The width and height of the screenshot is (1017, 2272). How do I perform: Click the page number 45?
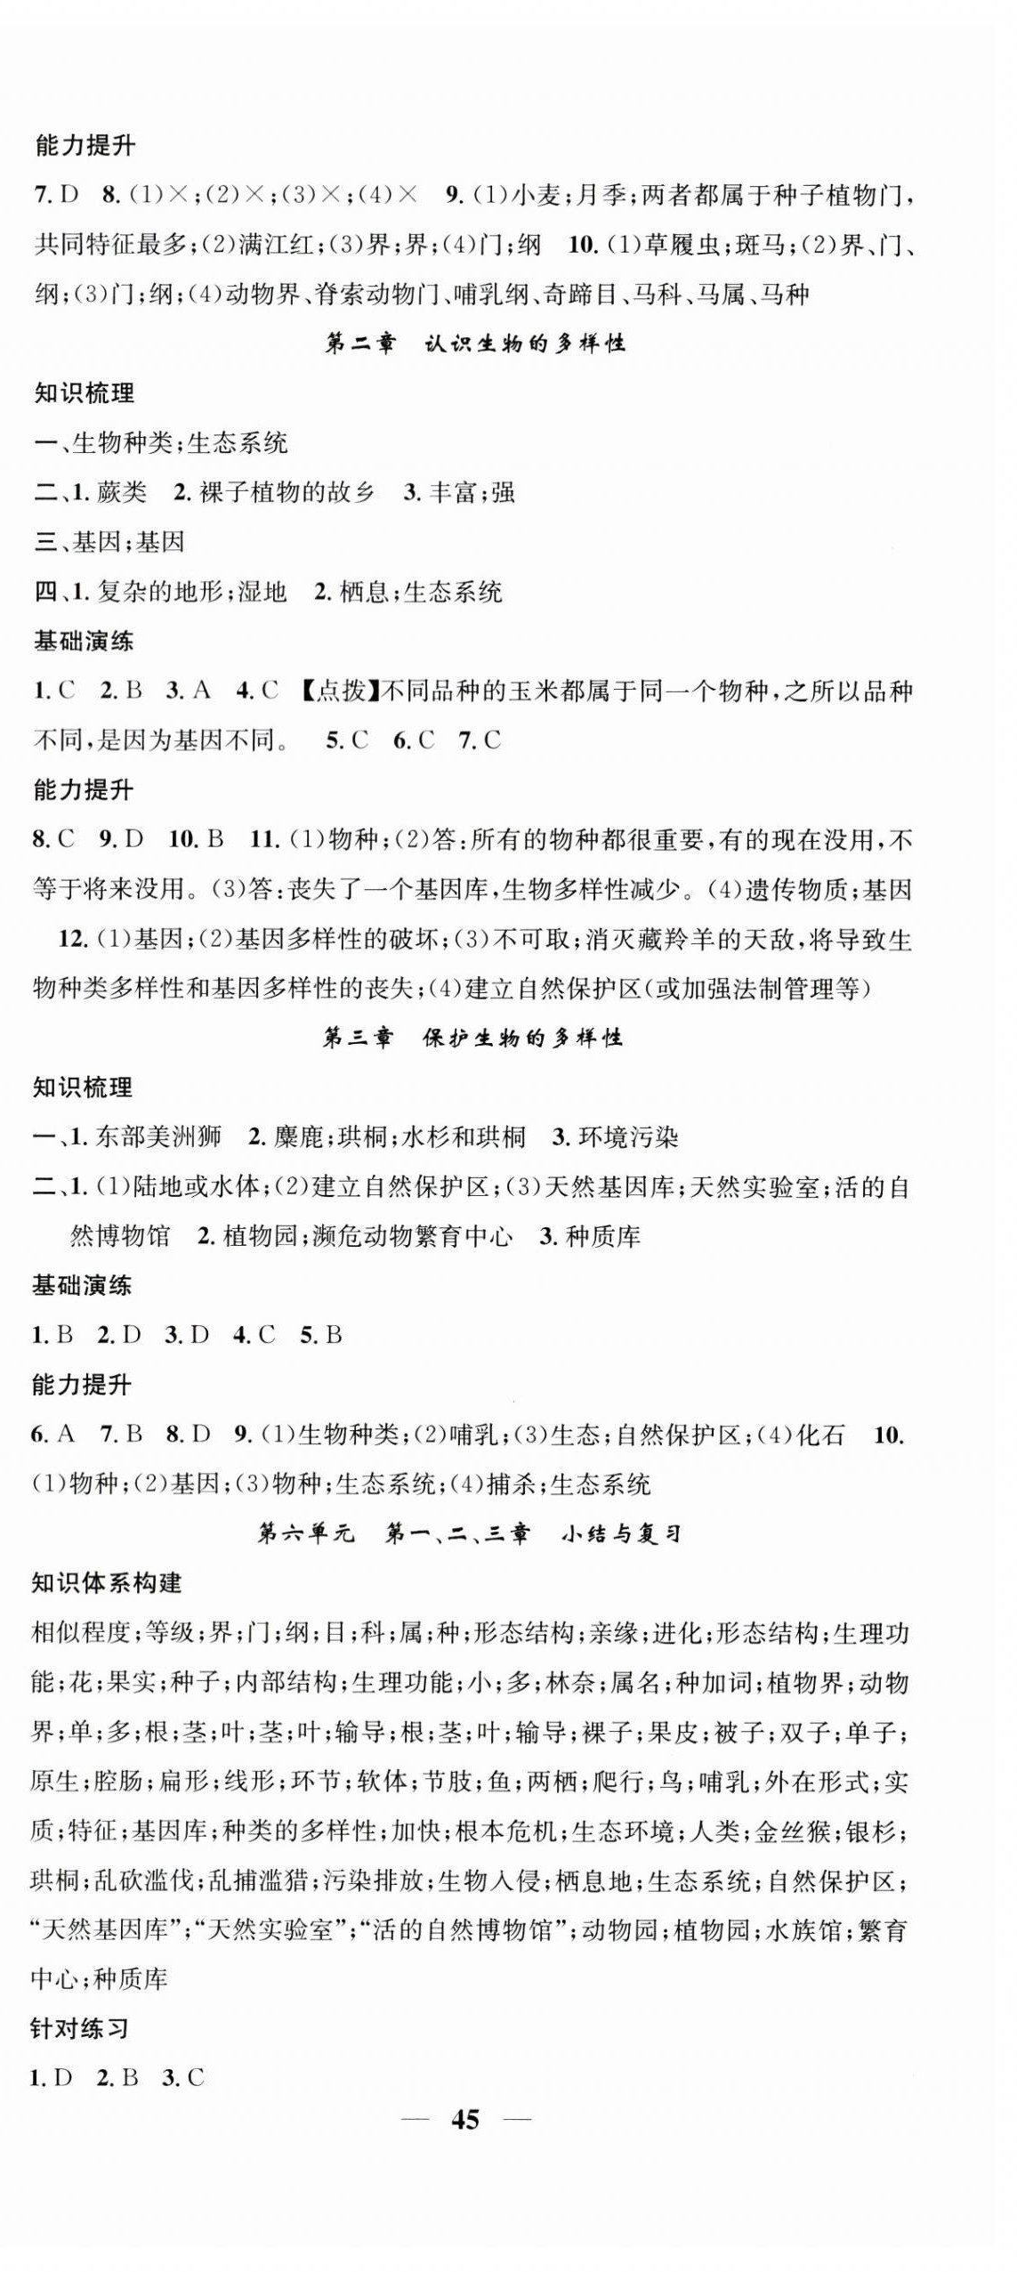click(x=464, y=2119)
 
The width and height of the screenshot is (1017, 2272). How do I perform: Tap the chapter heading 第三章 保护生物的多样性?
click(x=472, y=1038)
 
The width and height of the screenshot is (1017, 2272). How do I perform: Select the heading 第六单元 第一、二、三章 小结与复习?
click(x=470, y=1533)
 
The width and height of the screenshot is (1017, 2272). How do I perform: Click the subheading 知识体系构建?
click(x=106, y=1583)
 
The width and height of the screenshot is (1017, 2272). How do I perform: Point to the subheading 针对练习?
click(x=81, y=2029)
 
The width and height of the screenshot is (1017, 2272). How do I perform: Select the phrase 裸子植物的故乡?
click(x=287, y=493)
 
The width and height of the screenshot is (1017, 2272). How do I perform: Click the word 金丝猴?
click(x=791, y=1831)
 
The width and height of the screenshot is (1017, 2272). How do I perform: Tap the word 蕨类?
click(x=122, y=493)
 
